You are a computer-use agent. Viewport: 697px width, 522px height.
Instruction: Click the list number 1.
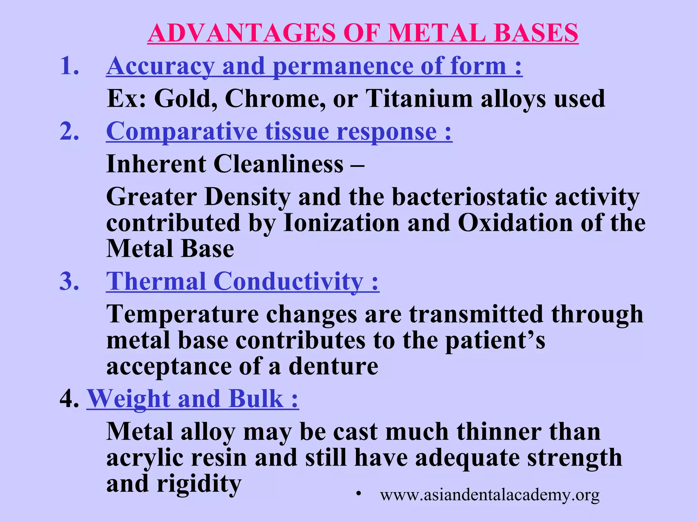70,66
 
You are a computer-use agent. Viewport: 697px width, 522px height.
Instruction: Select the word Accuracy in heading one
160,66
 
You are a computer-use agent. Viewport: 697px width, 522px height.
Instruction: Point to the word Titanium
419,99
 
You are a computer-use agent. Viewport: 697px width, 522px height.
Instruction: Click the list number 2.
70,131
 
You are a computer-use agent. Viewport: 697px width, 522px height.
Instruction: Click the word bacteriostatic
469,197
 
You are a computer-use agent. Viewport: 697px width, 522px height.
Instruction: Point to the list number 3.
70,282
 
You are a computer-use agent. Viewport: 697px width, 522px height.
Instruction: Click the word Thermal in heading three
156,282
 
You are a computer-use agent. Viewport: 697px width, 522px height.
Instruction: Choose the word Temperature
182,314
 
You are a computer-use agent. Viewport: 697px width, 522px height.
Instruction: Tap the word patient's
495,340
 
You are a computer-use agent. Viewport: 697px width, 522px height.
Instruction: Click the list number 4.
70,399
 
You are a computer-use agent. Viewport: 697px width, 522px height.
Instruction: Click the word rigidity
199,484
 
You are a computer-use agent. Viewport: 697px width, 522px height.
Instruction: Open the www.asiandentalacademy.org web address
490,495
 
